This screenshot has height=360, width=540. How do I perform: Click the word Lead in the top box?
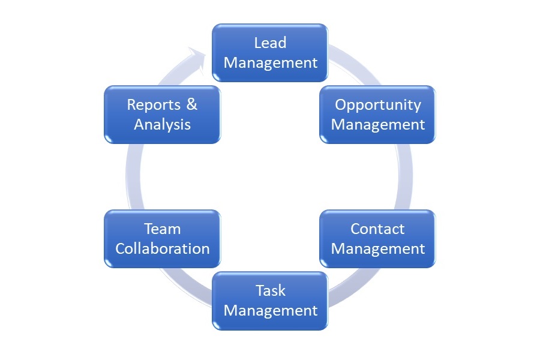[270, 43]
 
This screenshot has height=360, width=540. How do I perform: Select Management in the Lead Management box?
[271, 63]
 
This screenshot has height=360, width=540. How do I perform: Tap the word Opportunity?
[378, 105]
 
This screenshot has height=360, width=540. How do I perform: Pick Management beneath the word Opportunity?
[378, 125]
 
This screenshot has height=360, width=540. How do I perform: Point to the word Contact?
[377, 229]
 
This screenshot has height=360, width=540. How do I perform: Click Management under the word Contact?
[378, 249]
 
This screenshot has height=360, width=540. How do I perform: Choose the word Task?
[271, 291]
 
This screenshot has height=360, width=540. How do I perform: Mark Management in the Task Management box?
[271, 311]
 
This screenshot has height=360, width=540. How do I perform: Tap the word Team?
[162, 229]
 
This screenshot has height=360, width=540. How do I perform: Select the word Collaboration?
[162, 249]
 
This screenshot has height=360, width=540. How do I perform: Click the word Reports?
[154, 105]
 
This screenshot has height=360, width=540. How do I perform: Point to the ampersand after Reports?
[192, 104]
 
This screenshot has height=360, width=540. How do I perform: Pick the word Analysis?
[162, 125]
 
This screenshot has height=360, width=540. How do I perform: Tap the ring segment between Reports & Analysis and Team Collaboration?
[133, 176]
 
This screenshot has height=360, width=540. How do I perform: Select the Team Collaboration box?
[162, 239]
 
